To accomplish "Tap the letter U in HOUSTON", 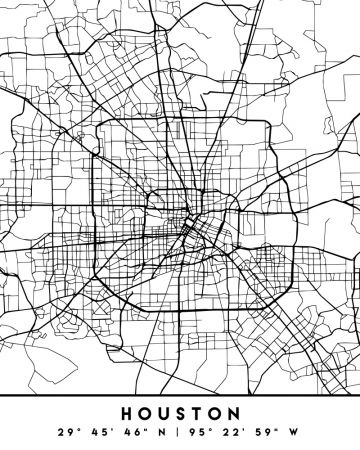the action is (x=163, y=412).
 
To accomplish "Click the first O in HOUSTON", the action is (x=146, y=412).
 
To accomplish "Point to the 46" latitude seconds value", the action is (x=137, y=431).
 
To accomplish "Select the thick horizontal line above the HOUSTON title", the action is (x=180, y=392).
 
